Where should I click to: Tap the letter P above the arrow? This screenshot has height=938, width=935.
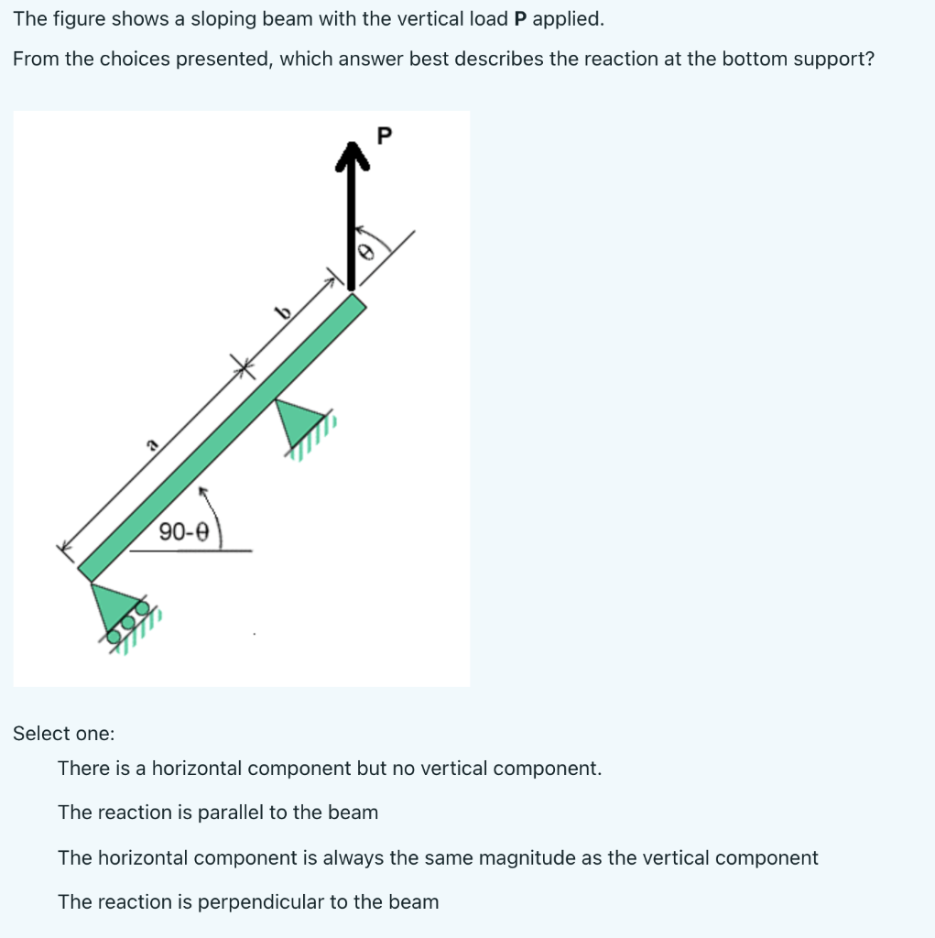[384, 136]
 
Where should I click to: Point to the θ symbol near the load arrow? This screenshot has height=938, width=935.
[367, 252]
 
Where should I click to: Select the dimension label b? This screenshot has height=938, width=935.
[284, 314]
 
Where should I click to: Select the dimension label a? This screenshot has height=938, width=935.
[151, 445]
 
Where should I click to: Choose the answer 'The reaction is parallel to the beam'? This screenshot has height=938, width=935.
[218, 813]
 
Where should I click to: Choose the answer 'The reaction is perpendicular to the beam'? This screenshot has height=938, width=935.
[248, 902]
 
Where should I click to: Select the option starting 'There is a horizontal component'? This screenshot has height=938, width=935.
[330, 768]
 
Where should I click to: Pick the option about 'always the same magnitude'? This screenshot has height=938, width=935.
[438, 858]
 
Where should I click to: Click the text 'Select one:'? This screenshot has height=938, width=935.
[64, 734]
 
